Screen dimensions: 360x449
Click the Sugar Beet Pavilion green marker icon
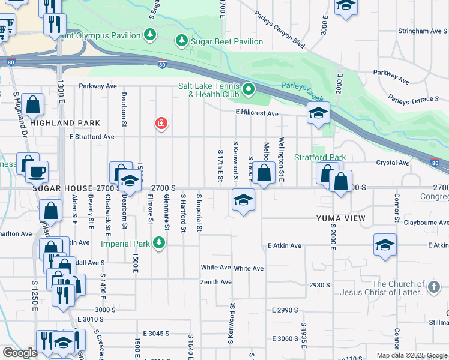(181, 41)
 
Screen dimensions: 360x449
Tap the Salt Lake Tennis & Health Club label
(208, 90)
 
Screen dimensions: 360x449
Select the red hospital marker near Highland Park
(161, 124)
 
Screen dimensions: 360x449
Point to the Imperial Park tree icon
(158, 243)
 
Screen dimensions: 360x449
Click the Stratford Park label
(319, 157)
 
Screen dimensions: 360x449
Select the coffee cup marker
(35, 171)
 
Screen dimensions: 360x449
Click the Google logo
(20, 353)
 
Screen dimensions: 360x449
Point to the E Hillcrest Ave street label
(257, 113)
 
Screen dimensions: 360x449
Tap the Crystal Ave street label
(393, 163)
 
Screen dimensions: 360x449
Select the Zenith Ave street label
(216, 282)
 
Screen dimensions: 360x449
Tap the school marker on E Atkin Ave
(385, 245)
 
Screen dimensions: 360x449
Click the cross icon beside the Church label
(435, 289)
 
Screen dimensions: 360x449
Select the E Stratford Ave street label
(92, 137)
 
